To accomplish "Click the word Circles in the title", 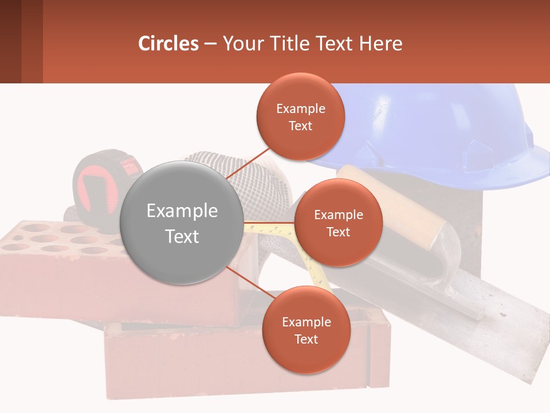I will [168, 44].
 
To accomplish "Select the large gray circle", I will [182, 223].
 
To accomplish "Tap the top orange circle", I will [300, 116].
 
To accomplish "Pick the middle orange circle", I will [338, 223].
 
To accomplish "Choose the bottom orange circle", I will [306, 330].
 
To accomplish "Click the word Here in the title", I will [380, 44].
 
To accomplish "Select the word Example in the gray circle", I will [182, 211].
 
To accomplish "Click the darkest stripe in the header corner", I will [10, 41].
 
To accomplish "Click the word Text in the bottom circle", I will [306, 339].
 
